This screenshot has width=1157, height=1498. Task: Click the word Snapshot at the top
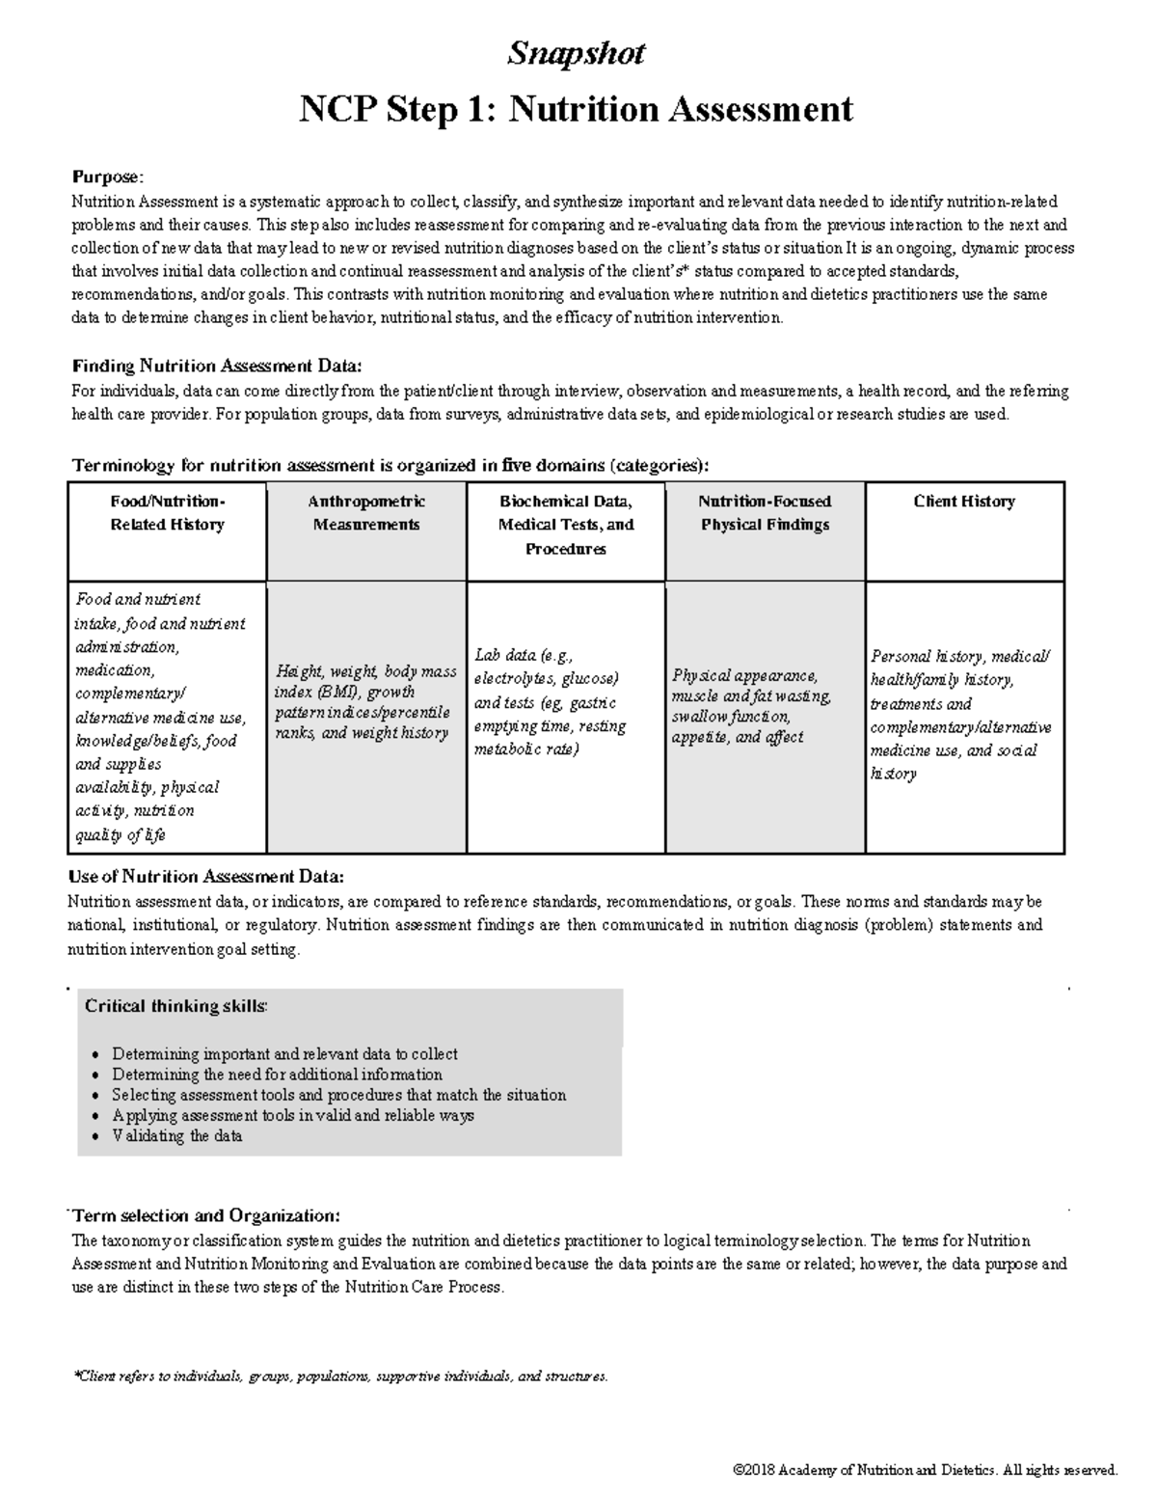[x=576, y=53]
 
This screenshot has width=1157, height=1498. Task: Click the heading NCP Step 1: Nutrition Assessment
[x=576, y=109]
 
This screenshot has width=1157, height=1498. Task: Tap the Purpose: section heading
[x=108, y=177]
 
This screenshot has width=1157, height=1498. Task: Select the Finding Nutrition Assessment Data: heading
[x=218, y=367]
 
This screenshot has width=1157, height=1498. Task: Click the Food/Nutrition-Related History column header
[x=168, y=513]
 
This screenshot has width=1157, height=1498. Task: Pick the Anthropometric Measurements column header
[x=366, y=513]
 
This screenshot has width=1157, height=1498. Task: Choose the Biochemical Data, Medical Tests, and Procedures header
[x=566, y=525]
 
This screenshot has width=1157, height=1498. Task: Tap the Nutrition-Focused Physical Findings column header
[x=765, y=513]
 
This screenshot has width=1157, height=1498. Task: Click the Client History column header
[x=964, y=502]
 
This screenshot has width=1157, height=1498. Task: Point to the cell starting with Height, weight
[x=366, y=702]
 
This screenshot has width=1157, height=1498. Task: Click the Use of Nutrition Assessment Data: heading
[x=205, y=877]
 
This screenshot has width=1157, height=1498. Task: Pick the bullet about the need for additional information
[x=277, y=1075]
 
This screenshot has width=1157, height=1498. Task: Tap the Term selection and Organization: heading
[x=206, y=1215]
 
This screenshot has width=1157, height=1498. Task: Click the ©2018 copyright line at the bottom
[x=925, y=1470]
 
